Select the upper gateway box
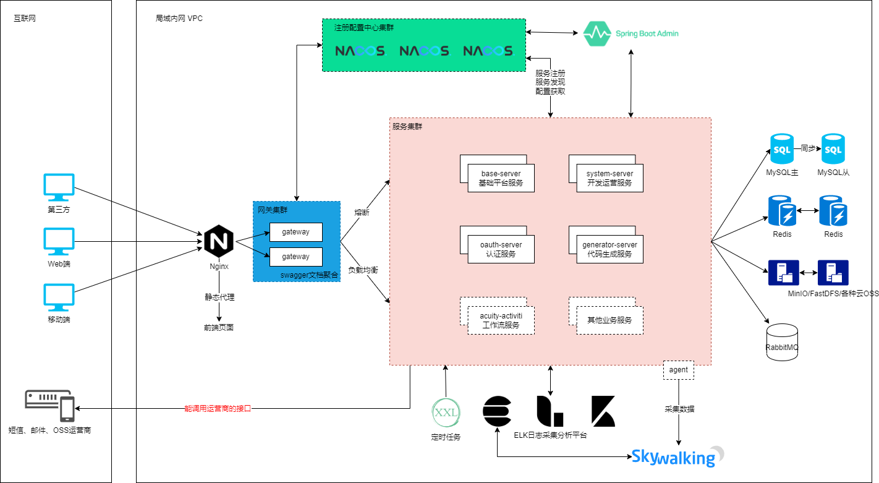click(295, 232)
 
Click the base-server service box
click(500, 178)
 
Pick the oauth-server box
click(500, 249)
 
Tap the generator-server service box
click(609, 249)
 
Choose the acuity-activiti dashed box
click(501, 320)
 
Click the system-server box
click(609, 178)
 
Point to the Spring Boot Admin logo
click(631, 33)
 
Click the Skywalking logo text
click(674, 458)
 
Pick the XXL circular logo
click(446, 413)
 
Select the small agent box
click(678, 370)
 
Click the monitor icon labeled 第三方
click(59, 187)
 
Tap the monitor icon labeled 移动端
click(59, 297)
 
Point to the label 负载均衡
click(363, 270)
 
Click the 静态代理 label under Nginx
click(219, 297)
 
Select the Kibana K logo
click(603, 411)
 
